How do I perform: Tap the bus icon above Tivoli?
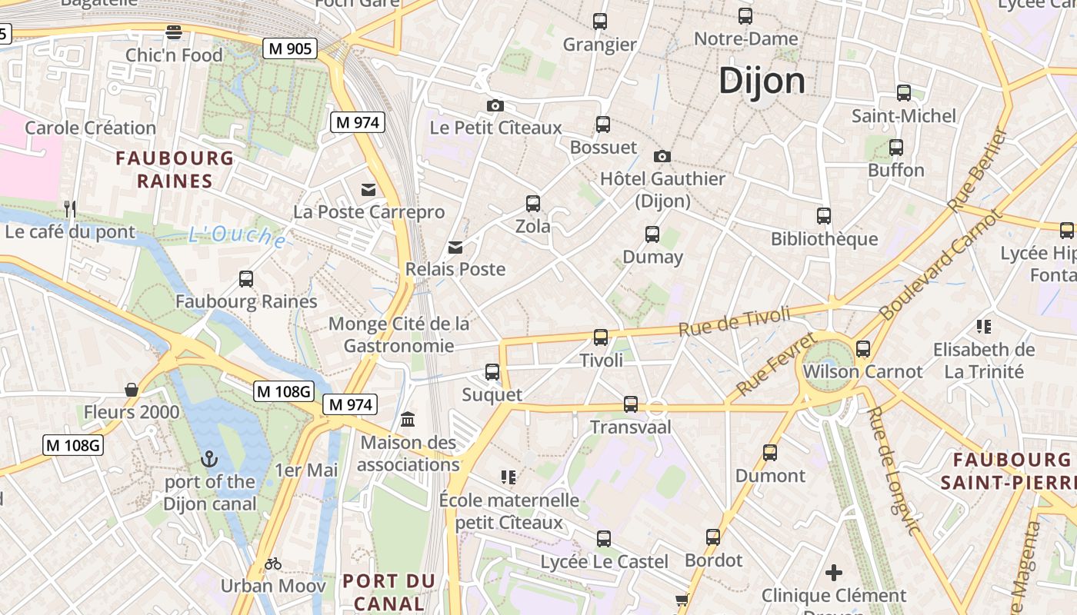point(601,337)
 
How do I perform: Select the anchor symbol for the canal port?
point(208,460)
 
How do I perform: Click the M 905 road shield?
point(290,49)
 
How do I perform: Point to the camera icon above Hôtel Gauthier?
point(662,156)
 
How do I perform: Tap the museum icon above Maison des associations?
point(408,420)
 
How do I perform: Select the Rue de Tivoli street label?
point(734,321)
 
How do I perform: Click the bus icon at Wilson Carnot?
point(862,348)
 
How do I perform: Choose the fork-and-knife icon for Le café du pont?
point(70,208)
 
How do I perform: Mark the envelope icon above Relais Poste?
point(455,247)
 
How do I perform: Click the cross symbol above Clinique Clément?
point(834,573)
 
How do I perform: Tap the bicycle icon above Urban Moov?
point(273,563)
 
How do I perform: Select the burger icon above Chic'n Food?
point(174,32)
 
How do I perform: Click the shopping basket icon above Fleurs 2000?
point(132,390)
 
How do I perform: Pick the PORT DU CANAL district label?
point(388,592)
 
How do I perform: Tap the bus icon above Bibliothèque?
point(824,216)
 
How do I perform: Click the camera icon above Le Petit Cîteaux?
point(495,105)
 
